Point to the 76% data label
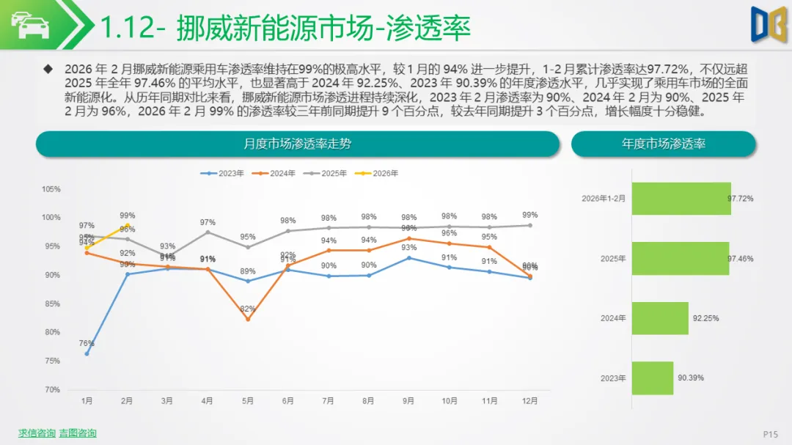pos(87,343)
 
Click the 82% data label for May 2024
pos(248,309)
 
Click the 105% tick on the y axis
pos(51,189)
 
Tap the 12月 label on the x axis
pos(529,401)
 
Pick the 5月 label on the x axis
pos(248,401)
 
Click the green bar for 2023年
pos(652,378)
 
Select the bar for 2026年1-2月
pos(681,199)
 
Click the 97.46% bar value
pos(740,259)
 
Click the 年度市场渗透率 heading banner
pos(663,144)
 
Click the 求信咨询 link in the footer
pos(37,433)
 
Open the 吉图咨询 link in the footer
pos(78,433)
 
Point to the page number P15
pos(770,434)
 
